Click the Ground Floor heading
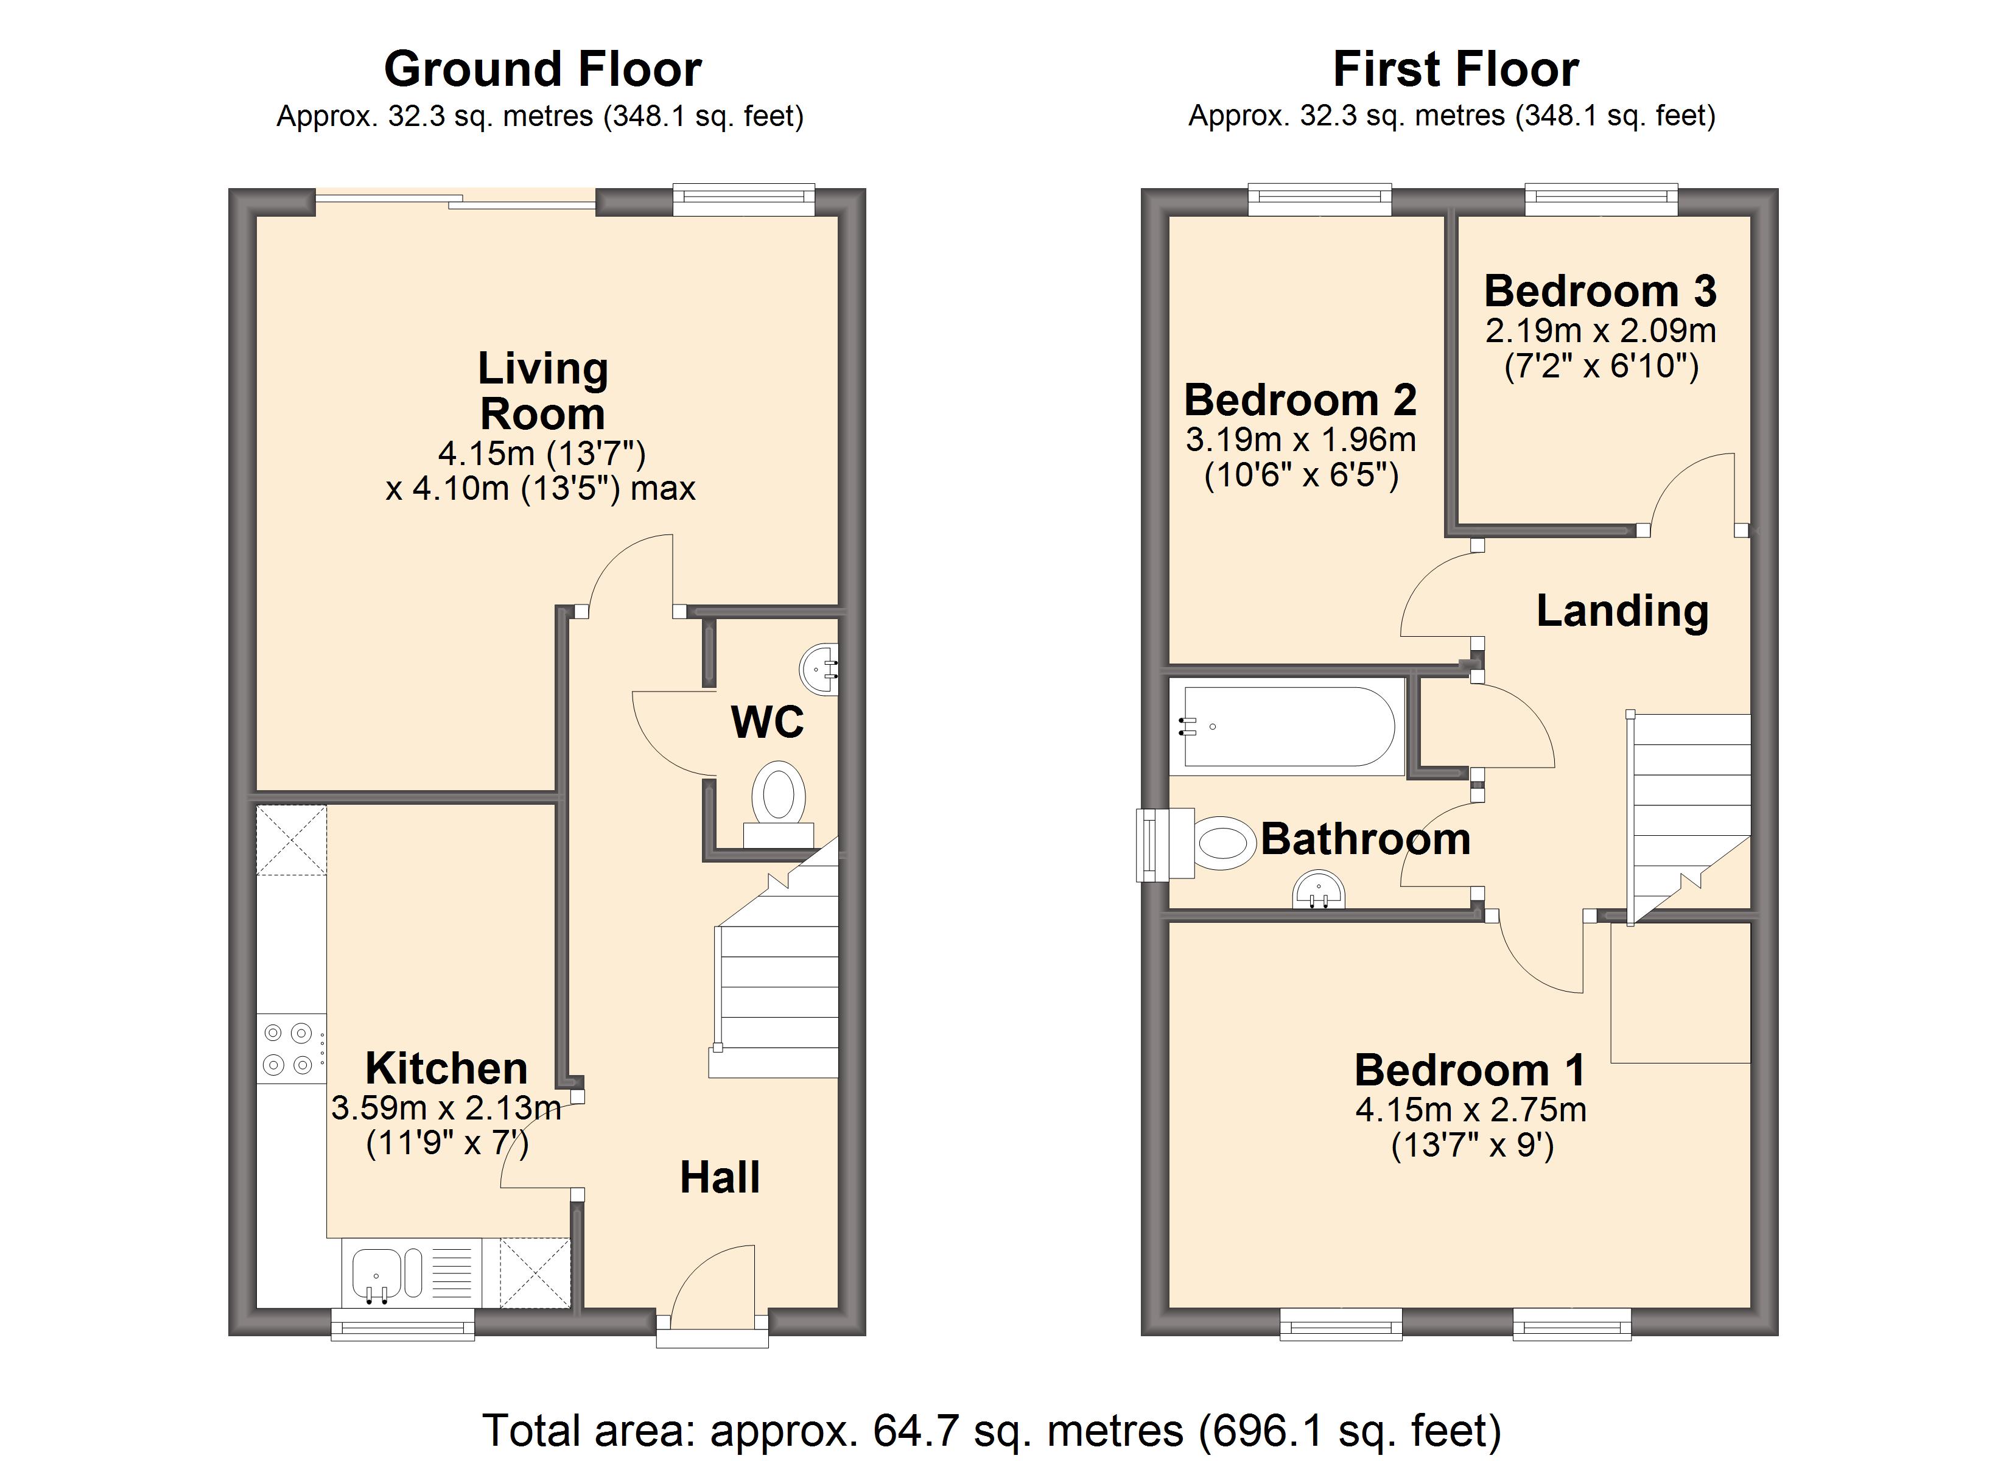tap(542, 69)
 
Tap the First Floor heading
tap(1456, 69)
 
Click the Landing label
tap(1622, 611)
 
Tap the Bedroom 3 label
tap(1601, 290)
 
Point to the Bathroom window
tap(1152, 845)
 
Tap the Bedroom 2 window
tap(1320, 199)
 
